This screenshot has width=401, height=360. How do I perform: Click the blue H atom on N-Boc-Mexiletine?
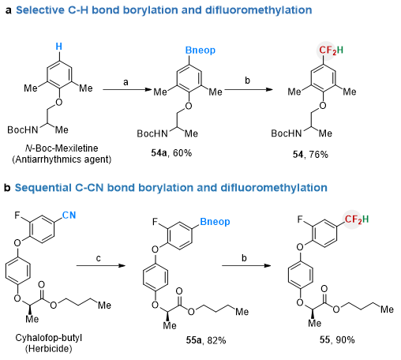pos(59,47)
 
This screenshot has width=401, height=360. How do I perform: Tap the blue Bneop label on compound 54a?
pos(200,51)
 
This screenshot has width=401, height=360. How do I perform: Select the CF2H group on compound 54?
pos(331,50)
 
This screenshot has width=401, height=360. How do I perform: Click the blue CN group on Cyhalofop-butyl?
pos(69,216)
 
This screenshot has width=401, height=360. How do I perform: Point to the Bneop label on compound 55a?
pos(215,222)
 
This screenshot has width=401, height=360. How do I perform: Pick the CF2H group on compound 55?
pos(357,219)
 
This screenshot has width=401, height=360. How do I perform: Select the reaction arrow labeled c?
pos(101,265)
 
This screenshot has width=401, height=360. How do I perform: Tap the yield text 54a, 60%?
pos(171,153)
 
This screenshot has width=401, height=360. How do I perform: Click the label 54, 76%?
pos(310,155)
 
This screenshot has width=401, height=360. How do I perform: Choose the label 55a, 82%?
pos(206,340)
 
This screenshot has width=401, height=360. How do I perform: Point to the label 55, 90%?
pos(337,339)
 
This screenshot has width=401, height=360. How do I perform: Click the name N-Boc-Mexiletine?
pos(62,148)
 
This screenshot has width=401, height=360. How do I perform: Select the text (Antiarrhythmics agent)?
pos(62,159)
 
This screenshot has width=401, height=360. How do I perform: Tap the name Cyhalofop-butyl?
pos(49,338)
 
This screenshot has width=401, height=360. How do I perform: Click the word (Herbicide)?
pos(49,349)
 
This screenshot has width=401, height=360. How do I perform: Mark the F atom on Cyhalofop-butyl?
pos(17,216)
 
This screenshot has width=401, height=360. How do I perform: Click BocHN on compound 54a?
pos(152,133)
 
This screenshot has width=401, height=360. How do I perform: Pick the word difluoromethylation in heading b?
pos(274,188)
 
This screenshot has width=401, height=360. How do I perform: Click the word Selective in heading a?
pos(40,10)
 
